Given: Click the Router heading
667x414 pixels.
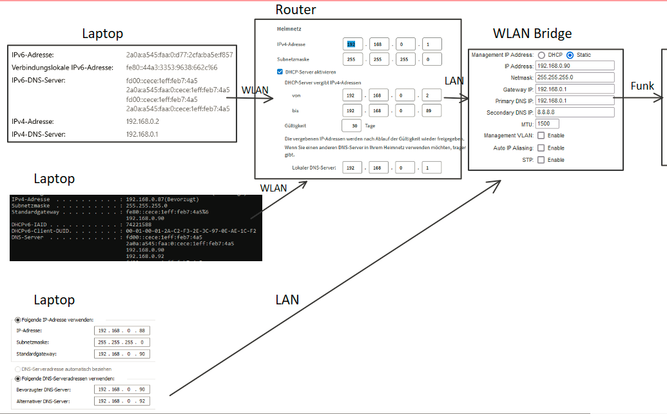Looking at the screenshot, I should [296, 10].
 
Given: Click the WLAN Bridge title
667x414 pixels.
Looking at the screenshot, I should [532, 34].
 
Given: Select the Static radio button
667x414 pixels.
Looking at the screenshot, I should [570, 55].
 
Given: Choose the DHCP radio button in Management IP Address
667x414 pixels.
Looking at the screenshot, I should [541, 55].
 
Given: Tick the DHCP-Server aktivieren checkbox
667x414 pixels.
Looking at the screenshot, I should [280, 72].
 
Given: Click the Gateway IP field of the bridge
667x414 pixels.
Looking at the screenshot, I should [575, 89].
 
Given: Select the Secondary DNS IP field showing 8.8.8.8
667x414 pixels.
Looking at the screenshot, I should [575, 112].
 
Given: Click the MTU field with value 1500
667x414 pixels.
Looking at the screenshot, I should [547, 123].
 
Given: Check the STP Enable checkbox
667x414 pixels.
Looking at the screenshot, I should [541, 159].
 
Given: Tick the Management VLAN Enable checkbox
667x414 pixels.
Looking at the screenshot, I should [541, 135].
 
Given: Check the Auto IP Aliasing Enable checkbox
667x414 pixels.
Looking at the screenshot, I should [541, 148].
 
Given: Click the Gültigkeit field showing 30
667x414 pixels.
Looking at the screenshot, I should [351, 126].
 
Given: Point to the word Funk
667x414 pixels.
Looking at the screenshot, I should [643, 86].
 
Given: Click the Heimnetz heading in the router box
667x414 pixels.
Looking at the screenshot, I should [289, 29].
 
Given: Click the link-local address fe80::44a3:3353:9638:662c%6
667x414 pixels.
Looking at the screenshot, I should [171, 67].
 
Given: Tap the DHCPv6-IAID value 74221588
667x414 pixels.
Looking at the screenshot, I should [140, 224].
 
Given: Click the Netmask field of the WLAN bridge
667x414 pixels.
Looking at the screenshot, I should [575, 77].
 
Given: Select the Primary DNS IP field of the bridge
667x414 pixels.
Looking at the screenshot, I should [575, 101].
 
